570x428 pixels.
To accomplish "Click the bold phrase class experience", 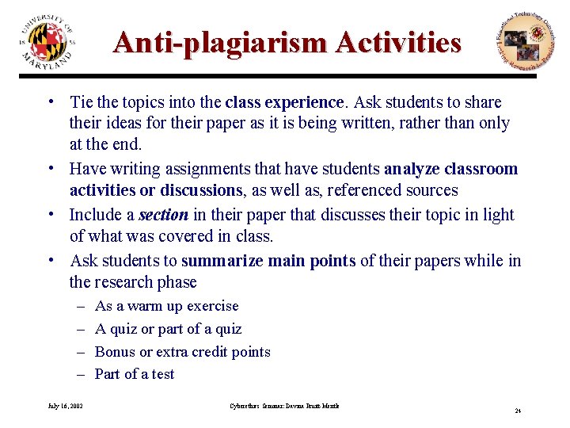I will click(285, 102).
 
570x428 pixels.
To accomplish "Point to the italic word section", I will click(164, 215).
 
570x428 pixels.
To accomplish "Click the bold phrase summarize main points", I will click(268, 261).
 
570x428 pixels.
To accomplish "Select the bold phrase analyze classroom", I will click(450, 169).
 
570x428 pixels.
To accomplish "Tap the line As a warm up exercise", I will click(166, 306).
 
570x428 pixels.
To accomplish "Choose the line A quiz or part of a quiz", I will click(168, 329).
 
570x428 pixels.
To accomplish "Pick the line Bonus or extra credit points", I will click(182, 352).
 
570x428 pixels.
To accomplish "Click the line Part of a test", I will click(135, 374).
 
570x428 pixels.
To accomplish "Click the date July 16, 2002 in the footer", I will click(66, 406).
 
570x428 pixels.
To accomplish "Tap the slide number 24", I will click(517, 411).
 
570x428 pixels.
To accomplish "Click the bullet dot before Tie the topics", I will click(50, 102).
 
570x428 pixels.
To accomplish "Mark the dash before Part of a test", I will click(82, 374).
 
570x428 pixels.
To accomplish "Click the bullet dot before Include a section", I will click(50, 215).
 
